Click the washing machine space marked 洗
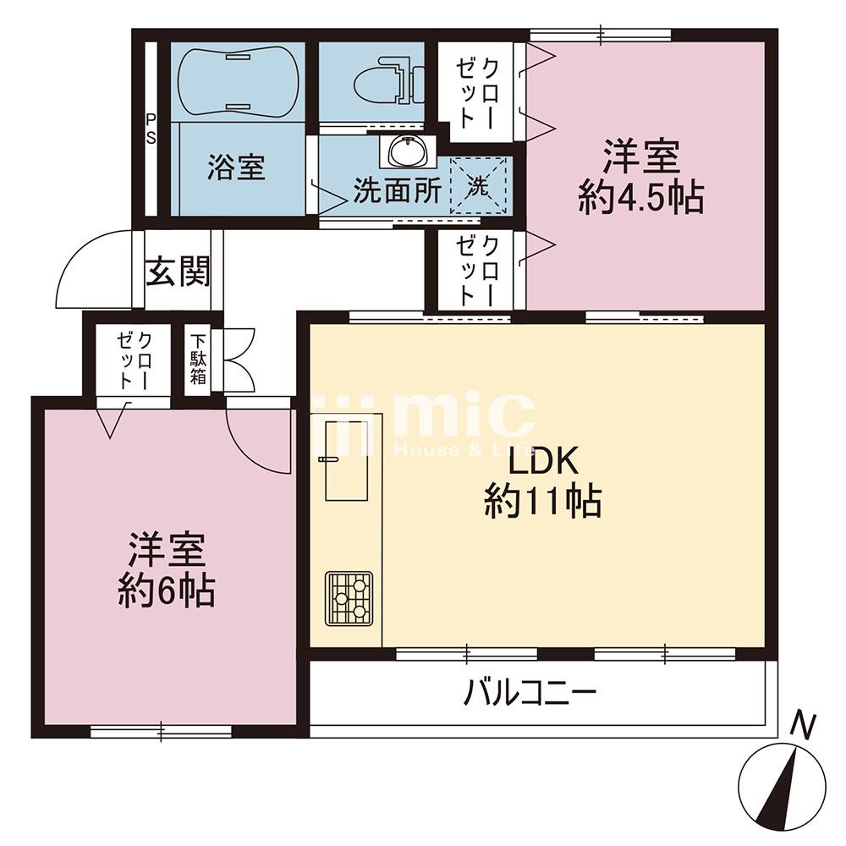478,185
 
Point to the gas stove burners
349,598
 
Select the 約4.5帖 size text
641,199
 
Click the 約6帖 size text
166,591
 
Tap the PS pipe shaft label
151,129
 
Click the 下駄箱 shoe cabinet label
198,359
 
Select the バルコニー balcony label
530,693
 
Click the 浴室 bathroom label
236,168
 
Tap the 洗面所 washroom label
397,190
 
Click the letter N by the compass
803,725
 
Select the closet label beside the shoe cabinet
135,360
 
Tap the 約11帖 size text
543,502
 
